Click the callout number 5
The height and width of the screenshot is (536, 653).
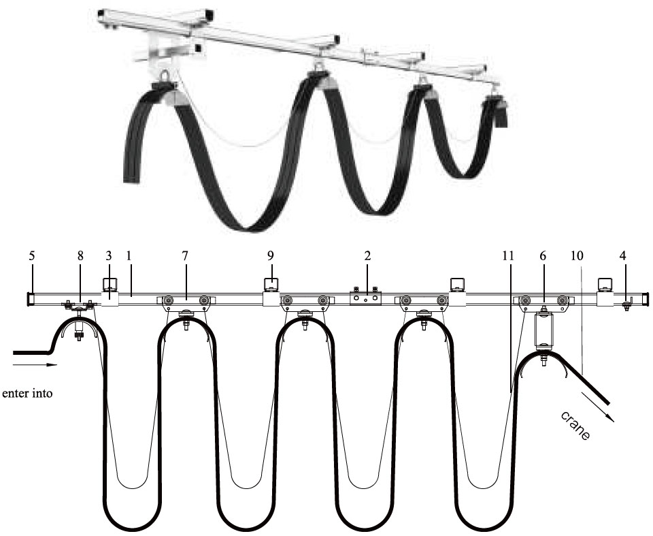pyautogui.click(x=32, y=255)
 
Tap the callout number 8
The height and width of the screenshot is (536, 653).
pyautogui.click(x=80, y=255)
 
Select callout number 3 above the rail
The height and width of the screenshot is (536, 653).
pyautogui.click(x=109, y=255)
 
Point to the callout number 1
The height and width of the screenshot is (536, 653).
pyautogui.click(x=129, y=255)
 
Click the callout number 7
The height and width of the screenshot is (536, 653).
pyautogui.click(x=185, y=255)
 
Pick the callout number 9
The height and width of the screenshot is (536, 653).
pyautogui.click(x=271, y=255)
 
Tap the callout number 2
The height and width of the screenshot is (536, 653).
pyautogui.click(x=367, y=255)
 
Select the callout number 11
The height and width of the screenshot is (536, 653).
pyautogui.click(x=508, y=255)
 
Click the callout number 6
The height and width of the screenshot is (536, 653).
pyautogui.click(x=543, y=255)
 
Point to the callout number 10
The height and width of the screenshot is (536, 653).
pyautogui.click(x=577, y=255)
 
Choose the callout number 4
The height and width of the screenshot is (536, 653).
pyautogui.click(x=622, y=255)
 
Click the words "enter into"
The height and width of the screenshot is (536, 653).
pyautogui.click(x=27, y=394)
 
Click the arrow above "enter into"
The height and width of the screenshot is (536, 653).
pyautogui.click(x=35, y=365)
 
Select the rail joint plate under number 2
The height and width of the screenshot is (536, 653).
pyautogui.click(x=365, y=298)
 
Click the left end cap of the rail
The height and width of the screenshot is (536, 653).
pyautogui.click(x=29, y=300)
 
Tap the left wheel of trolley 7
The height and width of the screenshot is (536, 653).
pyautogui.click(x=169, y=300)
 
